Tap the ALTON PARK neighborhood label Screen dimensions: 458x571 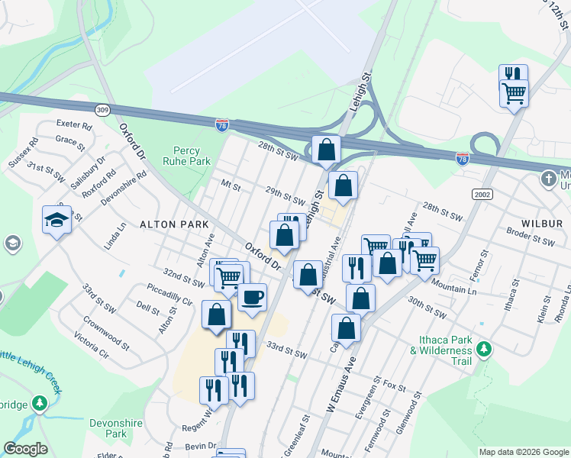[169, 224]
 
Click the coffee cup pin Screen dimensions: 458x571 [252, 297]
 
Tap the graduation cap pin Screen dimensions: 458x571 [56, 220]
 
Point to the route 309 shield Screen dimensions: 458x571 [102, 110]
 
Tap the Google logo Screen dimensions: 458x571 [25, 449]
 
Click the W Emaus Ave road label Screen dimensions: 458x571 [341, 389]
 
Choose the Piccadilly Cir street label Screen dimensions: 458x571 [172, 295]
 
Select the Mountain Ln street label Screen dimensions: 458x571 [453, 286]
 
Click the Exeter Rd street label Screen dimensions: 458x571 [74, 124]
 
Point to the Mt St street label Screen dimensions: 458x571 [231, 185]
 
